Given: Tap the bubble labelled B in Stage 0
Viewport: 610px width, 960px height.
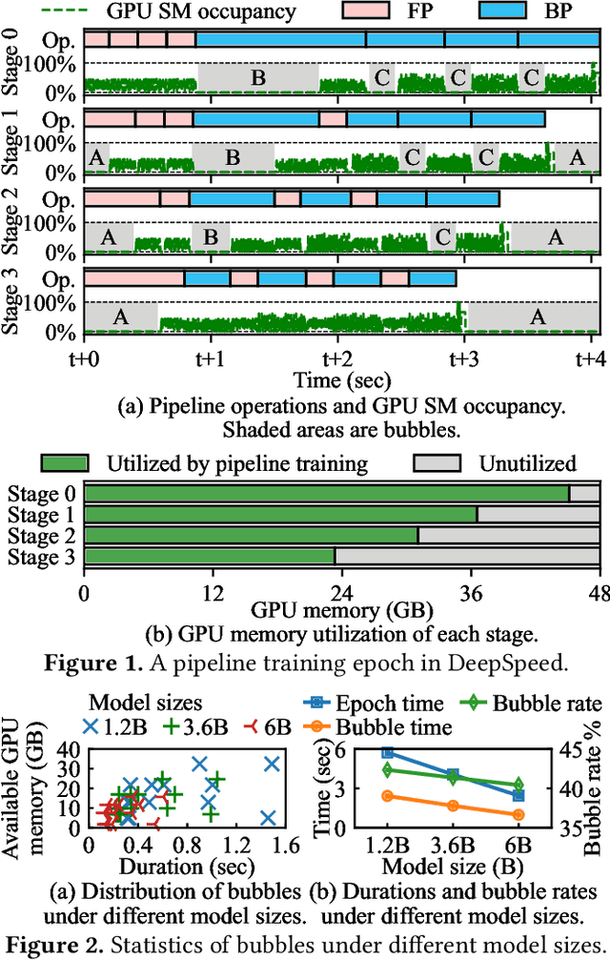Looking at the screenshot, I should click(257, 78).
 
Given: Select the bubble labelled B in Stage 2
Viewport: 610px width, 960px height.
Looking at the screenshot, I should click(211, 236).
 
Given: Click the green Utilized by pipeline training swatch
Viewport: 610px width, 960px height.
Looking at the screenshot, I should click(63, 463).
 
